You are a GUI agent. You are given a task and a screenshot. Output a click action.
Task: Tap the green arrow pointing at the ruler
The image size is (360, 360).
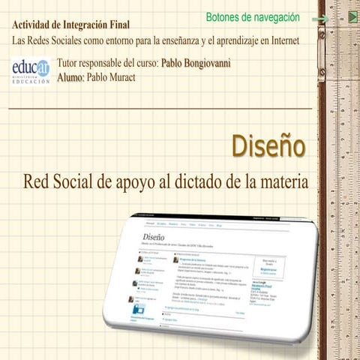320,19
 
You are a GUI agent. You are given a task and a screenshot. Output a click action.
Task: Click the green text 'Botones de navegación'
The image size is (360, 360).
252,17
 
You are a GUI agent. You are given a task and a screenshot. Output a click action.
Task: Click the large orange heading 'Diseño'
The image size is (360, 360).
268,145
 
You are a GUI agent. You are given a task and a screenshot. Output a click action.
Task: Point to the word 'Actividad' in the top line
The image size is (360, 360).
34,24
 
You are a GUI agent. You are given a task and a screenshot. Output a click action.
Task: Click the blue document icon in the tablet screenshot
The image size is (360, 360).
139,308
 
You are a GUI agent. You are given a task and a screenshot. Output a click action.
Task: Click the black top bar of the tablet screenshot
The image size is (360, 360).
217,220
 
